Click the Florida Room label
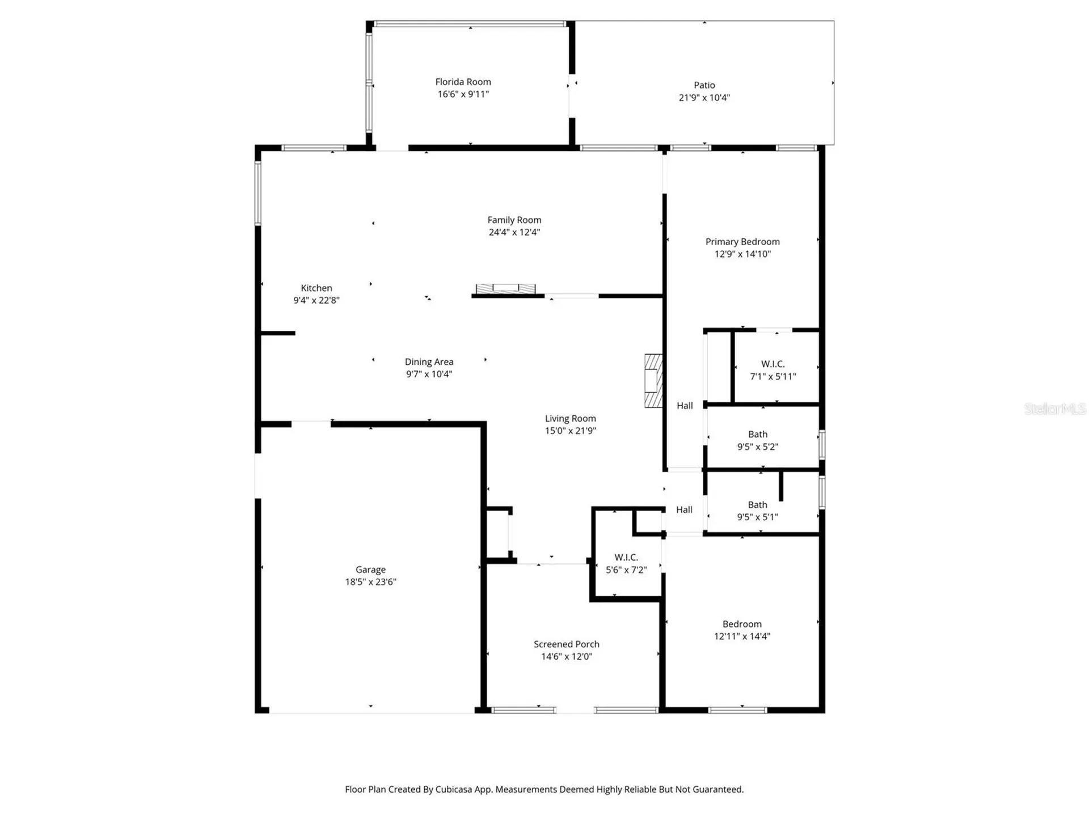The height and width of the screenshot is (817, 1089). tap(463, 82)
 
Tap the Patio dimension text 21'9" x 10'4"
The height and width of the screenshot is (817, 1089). tap(704, 98)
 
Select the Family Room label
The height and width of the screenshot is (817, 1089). tap(514, 220)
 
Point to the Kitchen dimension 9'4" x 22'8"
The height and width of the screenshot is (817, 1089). tap(316, 300)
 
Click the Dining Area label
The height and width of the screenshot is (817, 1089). tap(429, 362)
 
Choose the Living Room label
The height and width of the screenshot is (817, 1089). tap(570, 419)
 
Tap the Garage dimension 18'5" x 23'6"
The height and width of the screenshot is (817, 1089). tap(370, 582)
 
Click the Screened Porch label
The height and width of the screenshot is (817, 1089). tap(566, 644)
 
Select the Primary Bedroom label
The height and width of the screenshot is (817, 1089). tap(742, 242)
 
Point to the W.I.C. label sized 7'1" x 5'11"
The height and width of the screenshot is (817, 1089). tap(773, 364)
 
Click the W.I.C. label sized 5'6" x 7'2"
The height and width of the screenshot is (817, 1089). tap(626, 558)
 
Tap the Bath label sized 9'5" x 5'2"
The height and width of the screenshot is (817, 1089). tap(758, 435)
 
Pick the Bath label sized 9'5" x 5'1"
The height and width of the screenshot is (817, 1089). tap(757, 505)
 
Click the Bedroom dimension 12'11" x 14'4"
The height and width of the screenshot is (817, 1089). tap(742, 636)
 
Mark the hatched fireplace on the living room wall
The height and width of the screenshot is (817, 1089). tap(653, 381)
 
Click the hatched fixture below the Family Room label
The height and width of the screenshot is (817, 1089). tap(505, 289)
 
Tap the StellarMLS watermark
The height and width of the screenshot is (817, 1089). tap(1055, 408)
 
